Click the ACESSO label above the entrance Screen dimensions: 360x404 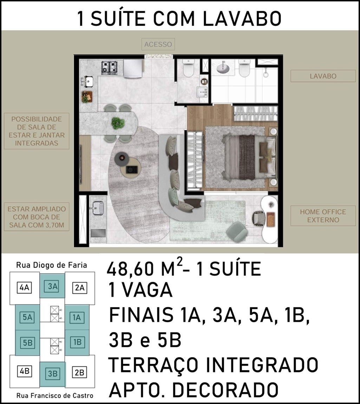158,44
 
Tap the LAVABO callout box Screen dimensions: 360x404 323,76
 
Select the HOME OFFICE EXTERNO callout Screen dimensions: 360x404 323,216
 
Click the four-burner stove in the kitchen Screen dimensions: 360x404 110,68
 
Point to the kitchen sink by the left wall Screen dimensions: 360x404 87,82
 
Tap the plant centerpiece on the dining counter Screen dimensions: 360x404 118,123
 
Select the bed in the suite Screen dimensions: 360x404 249,157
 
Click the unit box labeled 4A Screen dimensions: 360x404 25,287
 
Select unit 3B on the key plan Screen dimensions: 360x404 53,373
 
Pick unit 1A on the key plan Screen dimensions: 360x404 77,318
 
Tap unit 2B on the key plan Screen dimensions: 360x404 79,373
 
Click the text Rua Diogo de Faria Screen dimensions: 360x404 52,265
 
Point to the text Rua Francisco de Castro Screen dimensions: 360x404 55,396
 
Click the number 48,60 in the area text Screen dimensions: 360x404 130,269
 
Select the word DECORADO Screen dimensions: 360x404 225,389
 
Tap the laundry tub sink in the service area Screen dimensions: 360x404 98,208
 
